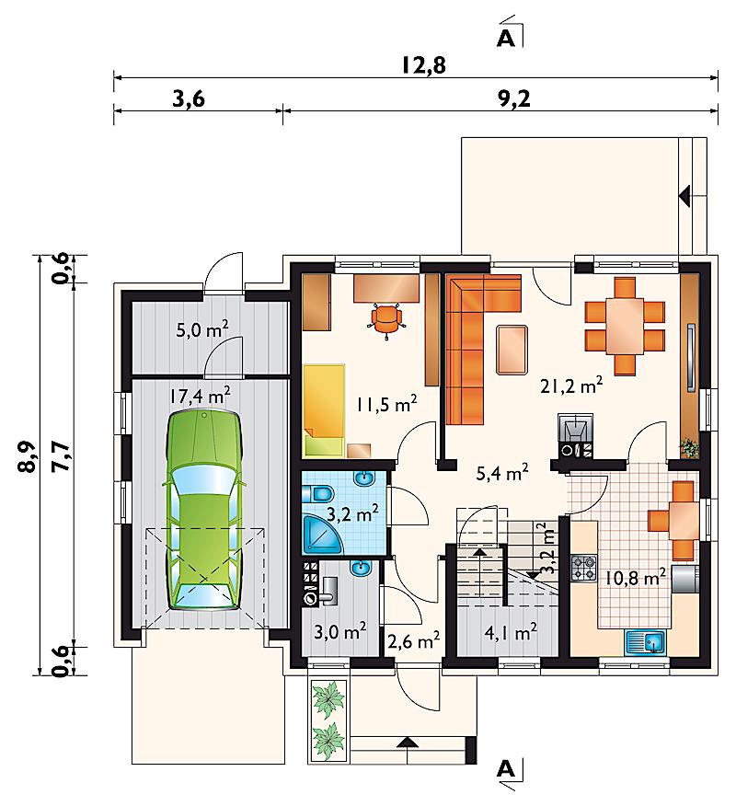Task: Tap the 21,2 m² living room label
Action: [x=571, y=385]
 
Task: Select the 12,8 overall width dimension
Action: [x=424, y=65]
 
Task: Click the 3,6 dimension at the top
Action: [x=188, y=98]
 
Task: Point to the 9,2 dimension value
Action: [x=513, y=98]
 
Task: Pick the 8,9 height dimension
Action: [x=29, y=456]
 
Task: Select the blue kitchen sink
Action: [x=645, y=642]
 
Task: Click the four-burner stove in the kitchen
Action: [x=584, y=568]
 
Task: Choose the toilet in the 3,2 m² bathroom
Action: [x=317, y=493]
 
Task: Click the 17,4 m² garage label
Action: [x=200, y=396]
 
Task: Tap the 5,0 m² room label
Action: [x=202, y=329]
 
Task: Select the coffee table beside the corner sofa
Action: [x=512, y=349]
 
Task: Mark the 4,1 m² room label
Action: [x=511, y=632]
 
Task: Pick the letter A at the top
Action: [x=506, y=39]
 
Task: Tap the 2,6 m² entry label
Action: [x=413, y=640]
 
